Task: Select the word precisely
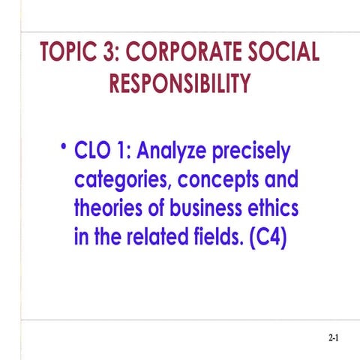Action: pyautogui.click(x=251, y=152)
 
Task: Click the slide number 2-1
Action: pyautogui.click(x=334, y=339)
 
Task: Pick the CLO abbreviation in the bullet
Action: pyautogui.click(x=93, y=152)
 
